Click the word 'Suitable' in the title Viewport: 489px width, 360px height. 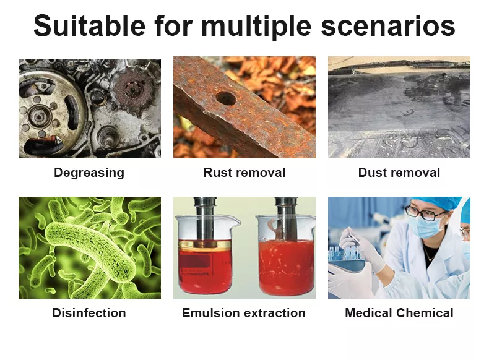pos(90,25)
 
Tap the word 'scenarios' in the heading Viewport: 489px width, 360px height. pos(388,26)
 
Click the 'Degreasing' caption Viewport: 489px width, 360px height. pos(89,173)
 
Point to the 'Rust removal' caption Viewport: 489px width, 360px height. pos(244,173)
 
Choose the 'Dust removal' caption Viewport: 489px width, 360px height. pos(399,173)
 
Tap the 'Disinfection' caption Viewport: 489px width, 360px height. pos(89,313)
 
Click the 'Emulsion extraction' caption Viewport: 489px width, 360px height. pos(244,313)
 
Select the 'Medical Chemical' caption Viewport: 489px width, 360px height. pos(399,313)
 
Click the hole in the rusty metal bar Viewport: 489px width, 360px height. pos(226,98)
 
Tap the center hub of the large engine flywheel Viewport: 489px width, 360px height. pos(39,116)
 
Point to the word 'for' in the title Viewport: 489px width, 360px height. pos(173,25)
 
